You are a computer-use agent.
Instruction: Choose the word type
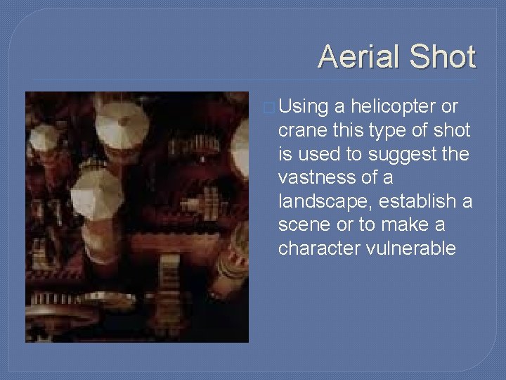394,132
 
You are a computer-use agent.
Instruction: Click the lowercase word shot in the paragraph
453,130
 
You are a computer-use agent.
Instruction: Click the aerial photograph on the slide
137,217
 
